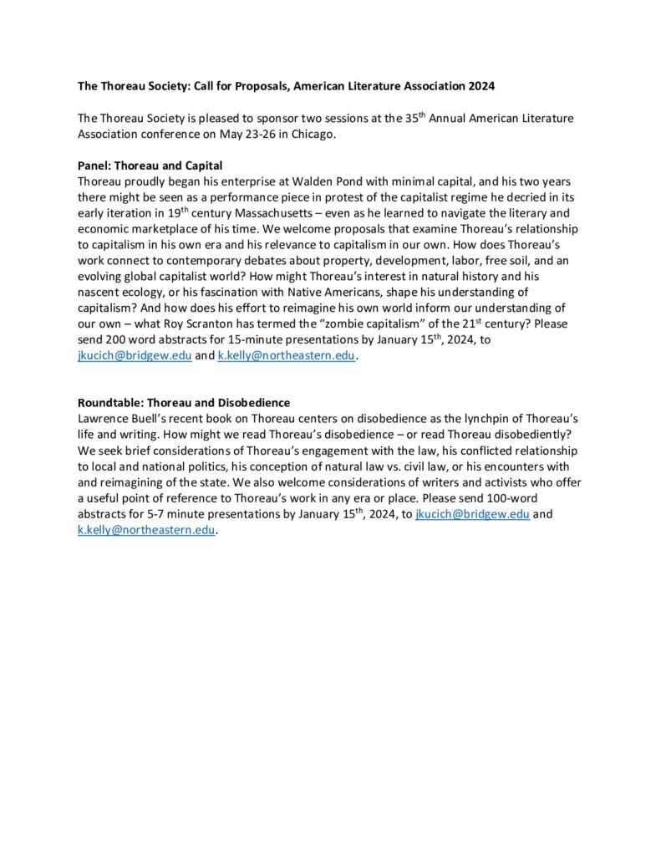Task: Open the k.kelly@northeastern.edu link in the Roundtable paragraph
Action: pyautogui.click(x=145, y=531)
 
